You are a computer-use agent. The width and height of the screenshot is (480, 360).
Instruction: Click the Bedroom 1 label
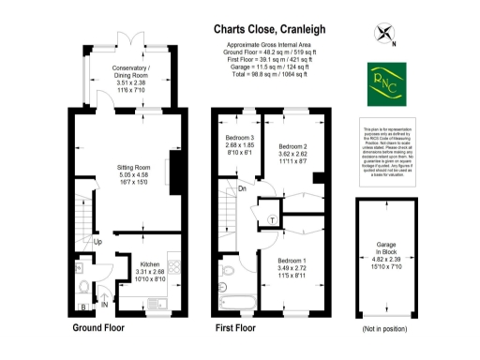click(x=293, y=264)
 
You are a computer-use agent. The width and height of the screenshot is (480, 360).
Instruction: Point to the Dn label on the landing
click(x=241, y=190)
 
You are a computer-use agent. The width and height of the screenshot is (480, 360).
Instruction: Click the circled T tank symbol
click(x=271, y=218)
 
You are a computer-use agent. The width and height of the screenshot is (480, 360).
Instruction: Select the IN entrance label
click(x=105, y=305)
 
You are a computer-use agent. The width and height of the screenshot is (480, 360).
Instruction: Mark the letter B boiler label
click(x=82, y=306)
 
